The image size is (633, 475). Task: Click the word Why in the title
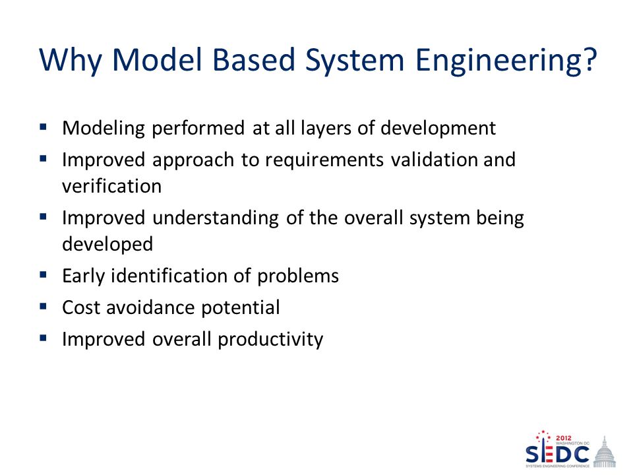pyautogui.click(x=71, y=61)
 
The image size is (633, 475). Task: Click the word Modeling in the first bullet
pyautogui.click(x=104, y=129)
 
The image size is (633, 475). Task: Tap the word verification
pyautogui.click(x=112, y=186)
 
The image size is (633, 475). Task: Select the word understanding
pyautogui.click(x=216, y=218)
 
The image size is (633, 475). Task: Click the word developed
pyautogui.click(x=107, y=245)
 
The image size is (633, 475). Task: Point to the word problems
pyautogui.click(x=298, y=276)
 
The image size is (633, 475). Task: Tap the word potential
pyautogui.click(x=241, y=308)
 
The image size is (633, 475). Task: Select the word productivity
pyautogui.click(x=270, y=340)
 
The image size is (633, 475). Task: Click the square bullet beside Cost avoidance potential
pyautogui.click(x=44, y=306)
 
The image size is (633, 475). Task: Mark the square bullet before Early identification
pyautogui.click(x=44, y=274)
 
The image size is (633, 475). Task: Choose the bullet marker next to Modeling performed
pyautogui.click(x=44, y=127)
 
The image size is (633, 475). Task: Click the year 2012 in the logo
pyautogui.click(x=564, y=438)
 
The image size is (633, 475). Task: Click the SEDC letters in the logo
pyautogui.click(x=558, y=454)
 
